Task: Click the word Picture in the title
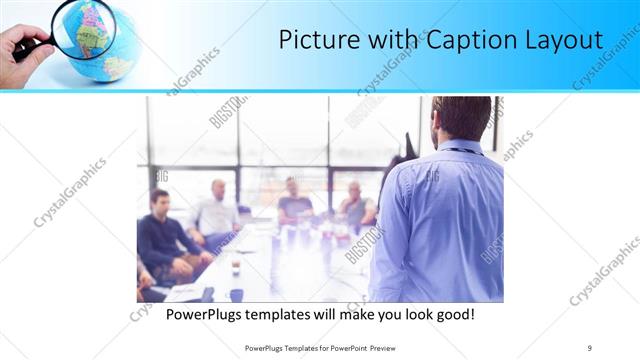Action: pyautogui.click(x=313, y=41)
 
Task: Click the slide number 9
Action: pyautogui.click(x=590, y=347)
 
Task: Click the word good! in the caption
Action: pyautogui.click(x=452, y=314)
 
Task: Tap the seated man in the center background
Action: pyautogui.click(x=294, y=200)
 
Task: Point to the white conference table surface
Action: pyautogui.click(x=280, y=265)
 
